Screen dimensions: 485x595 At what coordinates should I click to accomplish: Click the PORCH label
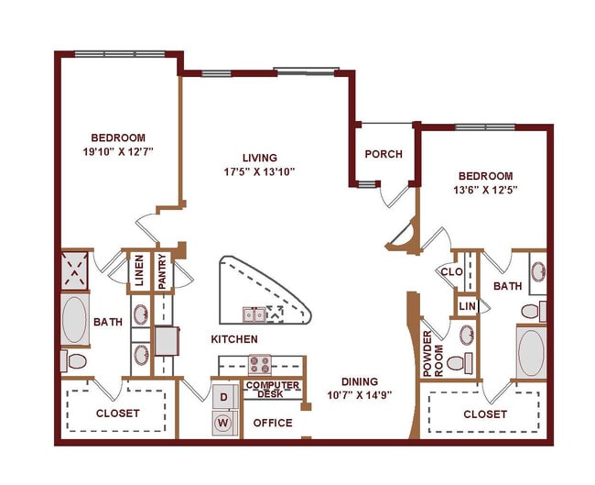(x=384, y=154)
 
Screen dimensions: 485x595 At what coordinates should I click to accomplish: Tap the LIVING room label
(x=259, y=158)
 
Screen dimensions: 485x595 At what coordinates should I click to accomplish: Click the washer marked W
(x=223, y=424)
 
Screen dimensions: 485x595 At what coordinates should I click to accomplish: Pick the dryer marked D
(x=223, y=397)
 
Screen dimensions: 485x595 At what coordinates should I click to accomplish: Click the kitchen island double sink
(x=255, y=314)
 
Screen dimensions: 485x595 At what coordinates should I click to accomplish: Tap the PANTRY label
(x=161, y=271)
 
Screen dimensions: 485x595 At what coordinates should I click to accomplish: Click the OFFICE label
(x=273, y=423)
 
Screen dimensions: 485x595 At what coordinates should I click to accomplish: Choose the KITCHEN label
(x=234, y=339)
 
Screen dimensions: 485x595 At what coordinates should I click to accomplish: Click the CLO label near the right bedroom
(x=450, y=271)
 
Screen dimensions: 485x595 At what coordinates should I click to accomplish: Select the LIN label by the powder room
(x=467, y=305)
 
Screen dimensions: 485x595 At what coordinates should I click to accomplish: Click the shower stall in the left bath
(x=77, y=271)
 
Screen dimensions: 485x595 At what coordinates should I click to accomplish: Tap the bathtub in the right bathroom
(x=531, y=350)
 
